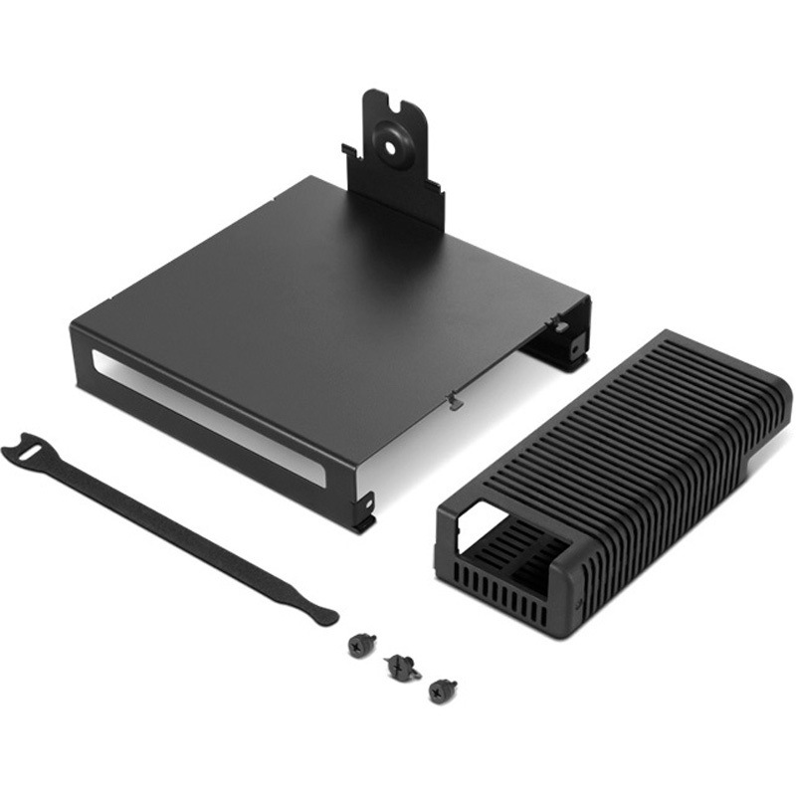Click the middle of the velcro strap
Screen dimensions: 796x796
[169, 527]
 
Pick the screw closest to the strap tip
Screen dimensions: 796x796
[359, 645]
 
